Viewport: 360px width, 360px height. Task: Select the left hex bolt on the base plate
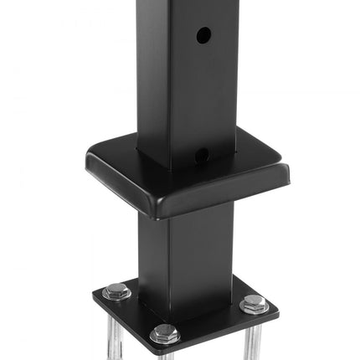117,292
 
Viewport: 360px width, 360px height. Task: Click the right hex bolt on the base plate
255,303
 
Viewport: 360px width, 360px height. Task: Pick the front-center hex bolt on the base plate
165,334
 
